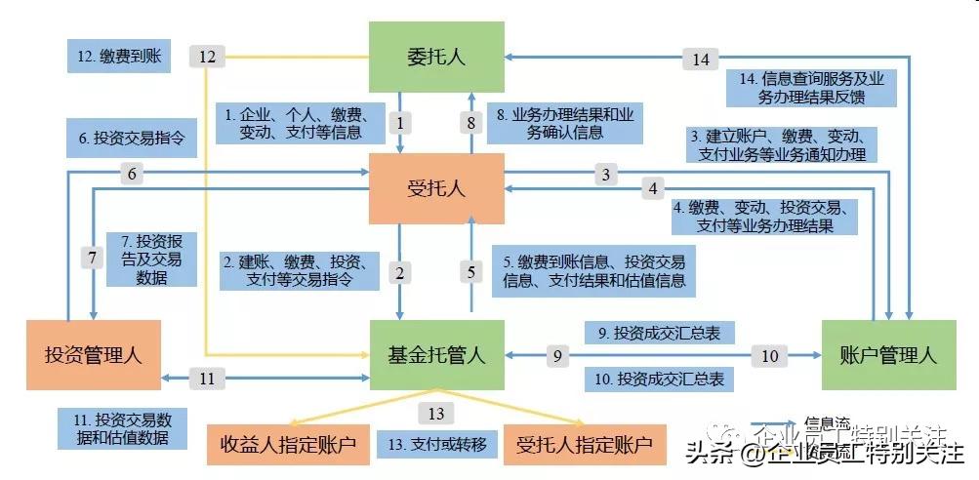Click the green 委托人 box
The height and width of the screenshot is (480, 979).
coord(436,57)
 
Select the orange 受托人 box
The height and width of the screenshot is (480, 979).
coord(436,187)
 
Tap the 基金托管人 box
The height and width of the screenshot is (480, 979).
coord(436,354)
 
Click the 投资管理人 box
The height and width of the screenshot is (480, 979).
coord(93,354)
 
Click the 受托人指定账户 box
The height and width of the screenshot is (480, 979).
coord(583,445)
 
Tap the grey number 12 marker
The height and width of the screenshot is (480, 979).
coord(207,58)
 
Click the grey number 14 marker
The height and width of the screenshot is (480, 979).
coord(701,60)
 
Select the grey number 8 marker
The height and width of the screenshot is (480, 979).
coord(470,123)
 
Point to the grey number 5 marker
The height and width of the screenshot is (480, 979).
coord(470,272)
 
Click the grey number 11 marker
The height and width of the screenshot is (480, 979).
coord(206,378)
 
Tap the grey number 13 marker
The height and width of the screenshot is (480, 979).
coord(435,414)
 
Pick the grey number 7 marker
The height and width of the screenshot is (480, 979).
coord(92,259)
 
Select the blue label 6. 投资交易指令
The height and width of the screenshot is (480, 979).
coord(132,139)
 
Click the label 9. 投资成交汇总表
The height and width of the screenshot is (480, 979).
coord(659,333)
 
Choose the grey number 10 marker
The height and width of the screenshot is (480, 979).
coord(770,356)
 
